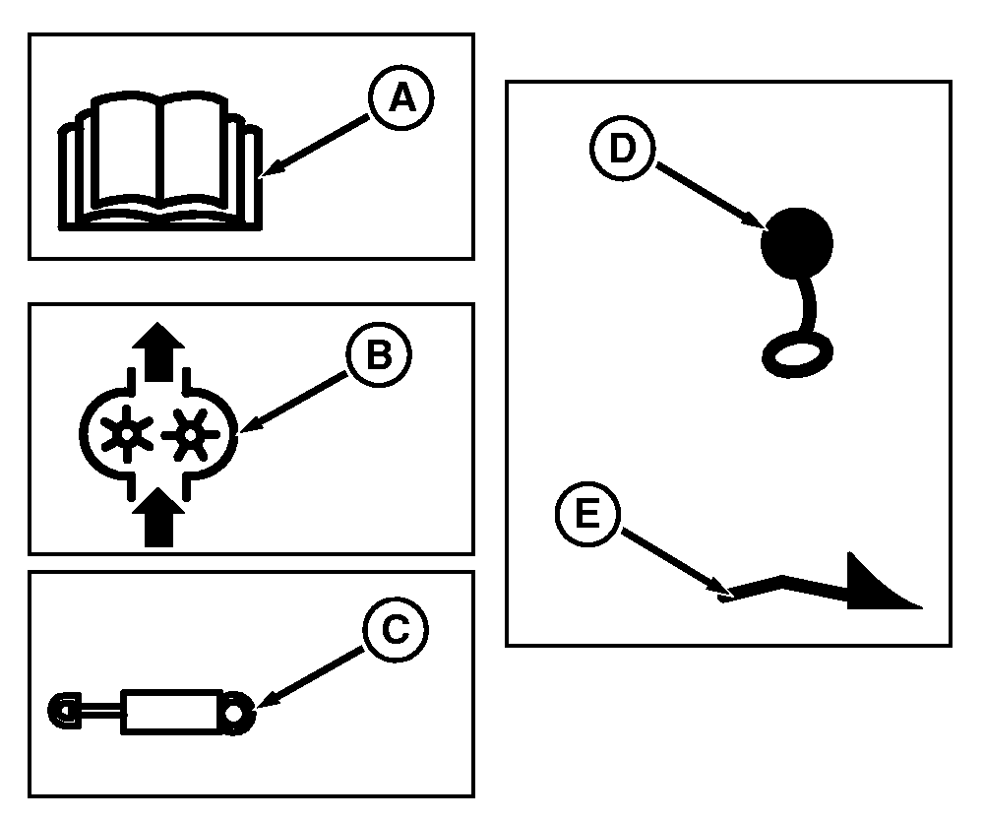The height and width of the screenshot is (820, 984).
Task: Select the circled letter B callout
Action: pyautogui.click(x=377, y=356)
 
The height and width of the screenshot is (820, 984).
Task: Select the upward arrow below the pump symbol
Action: pyautogui.click(x=157, y=520)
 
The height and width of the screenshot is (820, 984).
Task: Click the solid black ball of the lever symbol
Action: pyautogui.click(x=796, y=241)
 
